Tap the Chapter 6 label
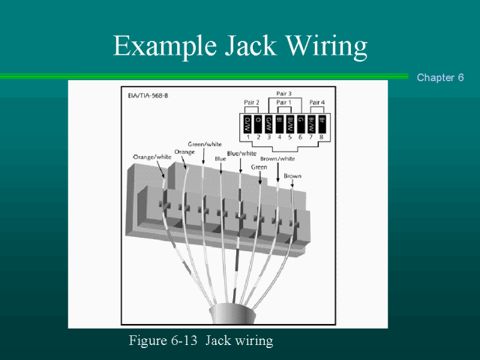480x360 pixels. click(x=440, y=78)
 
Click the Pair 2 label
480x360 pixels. click(x=252, y=102)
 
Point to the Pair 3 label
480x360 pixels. click(x=283, y=93)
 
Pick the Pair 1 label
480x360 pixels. click(x=283, y=102)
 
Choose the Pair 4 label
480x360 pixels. click(x=317, y=102)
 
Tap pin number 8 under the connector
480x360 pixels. click(x=321, y=137)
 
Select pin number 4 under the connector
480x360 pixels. click(x=279, y=137)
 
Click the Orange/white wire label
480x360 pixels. click(x=151, y=157)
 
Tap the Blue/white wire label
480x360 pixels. click(x=241, y=153)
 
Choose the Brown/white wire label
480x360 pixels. click(x=277, y=159)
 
